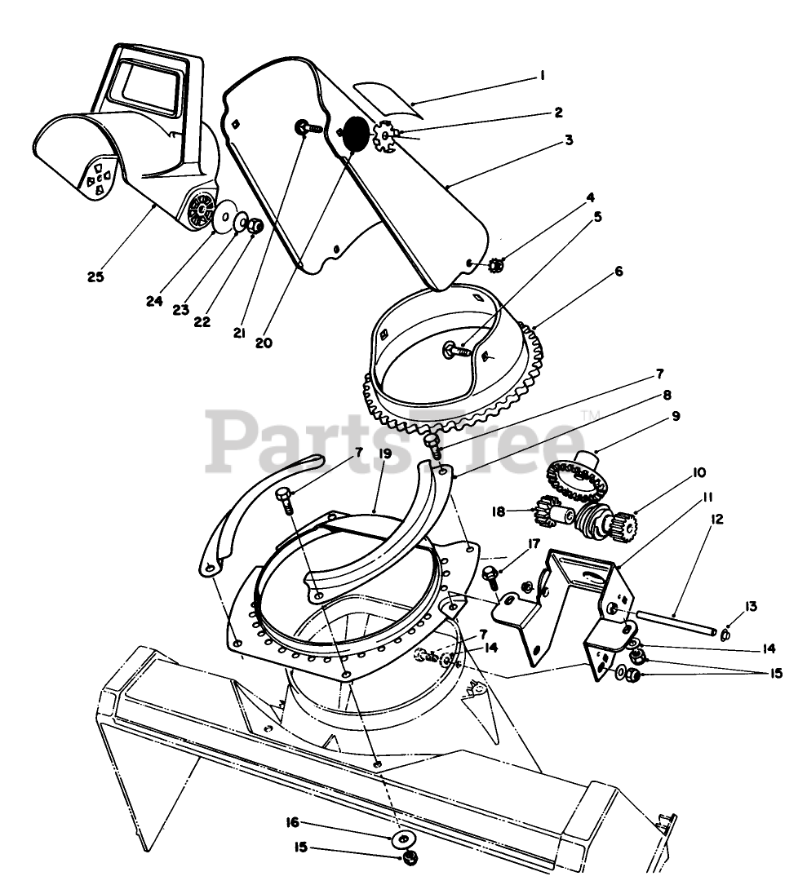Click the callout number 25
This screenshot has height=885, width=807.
95,277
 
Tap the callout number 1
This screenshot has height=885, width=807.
542,77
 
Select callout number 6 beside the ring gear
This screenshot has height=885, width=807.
619,272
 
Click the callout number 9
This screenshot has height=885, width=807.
676,415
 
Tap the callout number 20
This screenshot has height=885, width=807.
263,343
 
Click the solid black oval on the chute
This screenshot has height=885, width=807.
355,133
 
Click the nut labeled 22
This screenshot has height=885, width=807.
254,225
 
